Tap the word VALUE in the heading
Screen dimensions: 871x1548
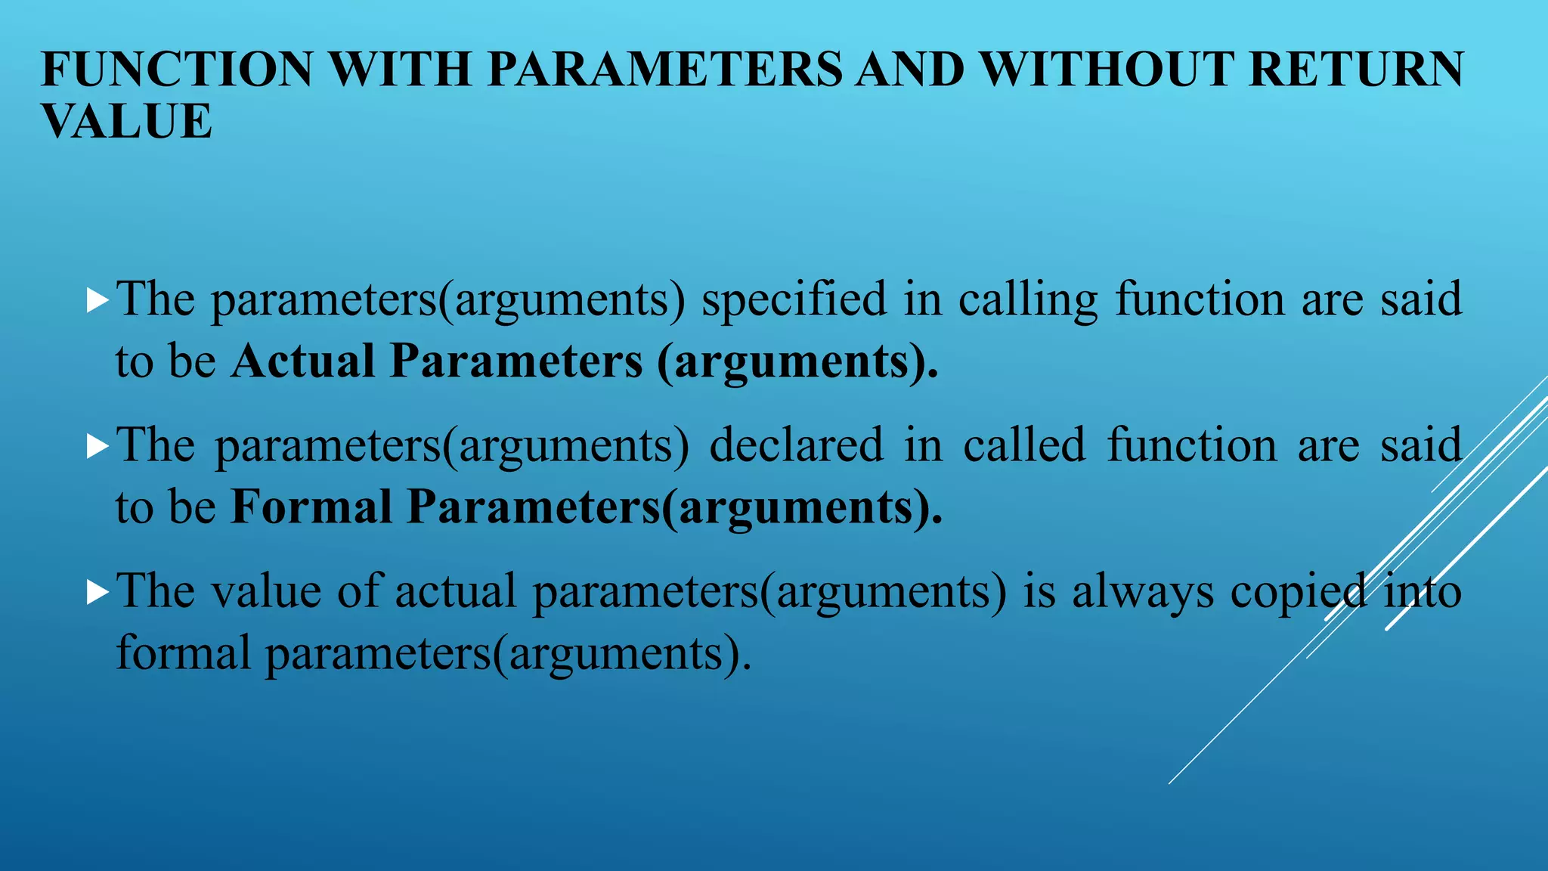pyautogui.click(x=126, y=122)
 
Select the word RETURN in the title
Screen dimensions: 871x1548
pyautogui.click(x=1357, y=70)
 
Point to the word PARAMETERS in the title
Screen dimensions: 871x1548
pyautogui.click(x=664, y=70)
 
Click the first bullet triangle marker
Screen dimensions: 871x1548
pyautogui.click(x=98, y=300)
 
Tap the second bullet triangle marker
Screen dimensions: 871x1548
pyautogui.click(x=98, y=446)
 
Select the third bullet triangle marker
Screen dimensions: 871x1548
pyautogui.click(x=98, y=591)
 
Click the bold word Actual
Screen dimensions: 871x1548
pyautogui.click(x=302, y=361)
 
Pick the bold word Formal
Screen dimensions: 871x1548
pyautogui.click(x=311, y=506)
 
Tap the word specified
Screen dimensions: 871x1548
pyautogui.click(x=794, y=300)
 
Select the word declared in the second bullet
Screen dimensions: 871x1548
pyautogui.click(x=796, y=445)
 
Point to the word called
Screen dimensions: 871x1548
pyautogui.click(x=1024, y=445)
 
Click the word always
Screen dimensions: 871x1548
pyautogui.click(x=1142, y=591)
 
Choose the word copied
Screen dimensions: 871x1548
pyautogui.click(x=1298, y=591)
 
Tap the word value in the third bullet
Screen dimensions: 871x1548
pyautogui.click(x=265, y=591)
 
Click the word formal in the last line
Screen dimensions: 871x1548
pyautogui.click(x=182, y=652)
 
